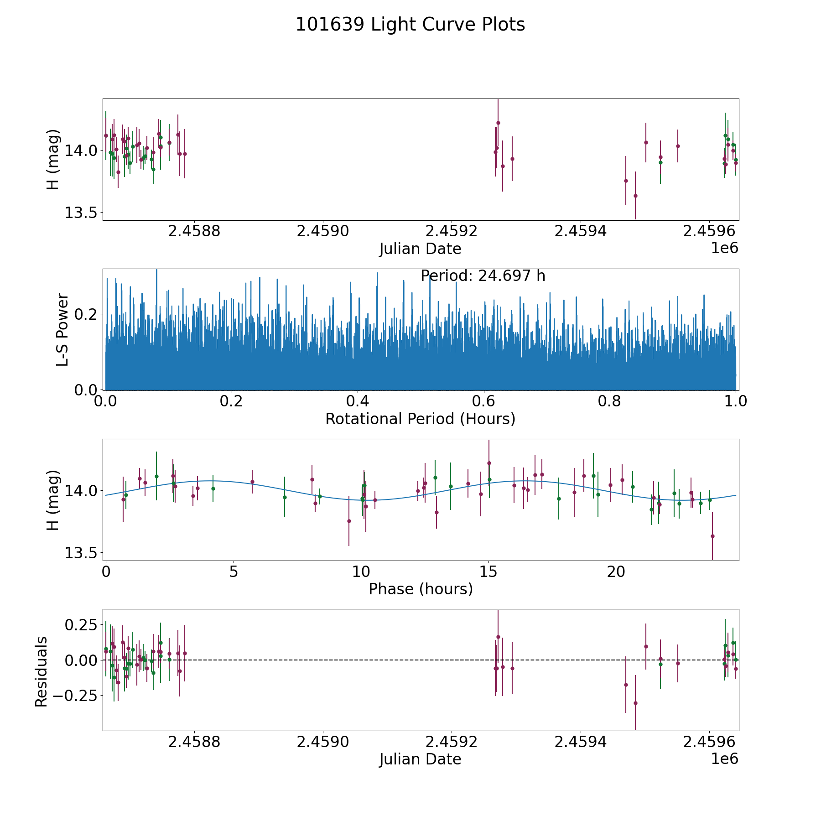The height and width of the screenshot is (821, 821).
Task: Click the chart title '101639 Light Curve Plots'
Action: point(410,25)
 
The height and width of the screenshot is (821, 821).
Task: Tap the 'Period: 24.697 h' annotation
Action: point(483,276)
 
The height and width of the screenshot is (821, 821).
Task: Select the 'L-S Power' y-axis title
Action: point(62,329)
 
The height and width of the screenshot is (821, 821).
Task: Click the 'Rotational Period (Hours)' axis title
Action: point(420,419)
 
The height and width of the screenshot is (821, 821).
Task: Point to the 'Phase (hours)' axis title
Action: point(421,589)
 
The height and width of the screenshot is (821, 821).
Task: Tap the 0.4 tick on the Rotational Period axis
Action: point(358,401)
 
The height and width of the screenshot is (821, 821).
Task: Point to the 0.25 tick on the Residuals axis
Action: point(81,624)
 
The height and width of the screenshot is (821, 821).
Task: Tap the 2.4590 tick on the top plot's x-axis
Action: point(323,231)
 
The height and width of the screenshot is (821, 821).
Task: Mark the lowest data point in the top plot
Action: point(635,196)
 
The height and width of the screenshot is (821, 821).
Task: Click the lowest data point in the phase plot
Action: point(712,536)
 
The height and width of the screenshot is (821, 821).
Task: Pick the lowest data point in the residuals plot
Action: point(635,703)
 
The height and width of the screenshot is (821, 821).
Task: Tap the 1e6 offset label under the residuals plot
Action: point(724,759)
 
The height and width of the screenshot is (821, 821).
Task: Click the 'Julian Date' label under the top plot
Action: point(420,249)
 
